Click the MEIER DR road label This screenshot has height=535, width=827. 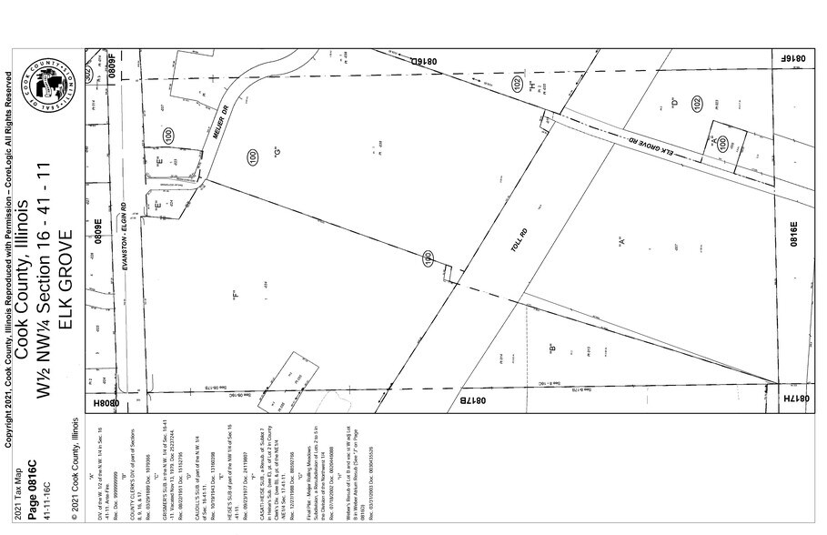click(224, 116)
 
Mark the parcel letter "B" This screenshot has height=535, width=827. click(551, 346)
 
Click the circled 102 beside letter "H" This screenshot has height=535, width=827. click(517, 85)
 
